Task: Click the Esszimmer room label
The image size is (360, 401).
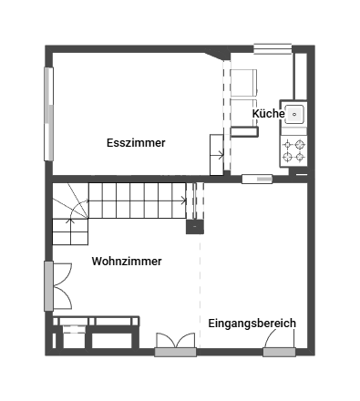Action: coord(136,143)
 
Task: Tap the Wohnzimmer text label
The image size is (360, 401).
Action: coord(127,262)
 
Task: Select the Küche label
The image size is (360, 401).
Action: coord(269,114)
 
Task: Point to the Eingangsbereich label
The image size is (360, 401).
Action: coord(252,324)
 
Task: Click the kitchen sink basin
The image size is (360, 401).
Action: coord(294,114)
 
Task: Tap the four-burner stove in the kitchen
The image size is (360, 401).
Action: coord(293,150)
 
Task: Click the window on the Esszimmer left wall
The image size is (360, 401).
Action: coord(48,114)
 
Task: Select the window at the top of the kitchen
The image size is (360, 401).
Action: coord(273,49)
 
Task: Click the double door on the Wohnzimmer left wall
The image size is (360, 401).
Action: coord(58,286)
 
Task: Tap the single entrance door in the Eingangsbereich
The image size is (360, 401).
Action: coord(279,344)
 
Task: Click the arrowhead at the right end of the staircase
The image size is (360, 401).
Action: coord(183,200)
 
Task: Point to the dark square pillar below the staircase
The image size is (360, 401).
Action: coord(195,227)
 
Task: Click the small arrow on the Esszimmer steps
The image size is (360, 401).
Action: coord(218,155)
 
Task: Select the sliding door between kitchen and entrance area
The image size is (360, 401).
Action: coord(257,179)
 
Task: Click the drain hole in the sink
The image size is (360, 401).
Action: coord(294,114)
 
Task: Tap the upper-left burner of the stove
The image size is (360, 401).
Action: coord(287,145)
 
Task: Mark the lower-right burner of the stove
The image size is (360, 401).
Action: coord(300,157)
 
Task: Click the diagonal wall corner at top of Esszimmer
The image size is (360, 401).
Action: coord(216,55)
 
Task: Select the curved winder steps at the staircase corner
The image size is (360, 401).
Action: coord(70,200)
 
